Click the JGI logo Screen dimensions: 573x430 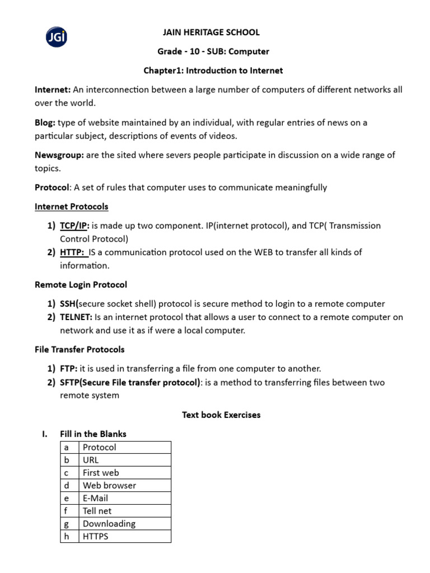click(56, 38)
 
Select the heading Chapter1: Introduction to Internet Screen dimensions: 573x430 click(213, 71)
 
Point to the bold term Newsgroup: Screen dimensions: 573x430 click(59, 154)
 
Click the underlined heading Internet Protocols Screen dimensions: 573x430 click(72, 206)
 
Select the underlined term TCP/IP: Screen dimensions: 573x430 click(74, 226)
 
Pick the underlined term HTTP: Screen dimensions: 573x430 click(73, 252)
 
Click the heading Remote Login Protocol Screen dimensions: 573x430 click(81, 284)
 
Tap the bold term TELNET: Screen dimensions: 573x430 click(77, 317)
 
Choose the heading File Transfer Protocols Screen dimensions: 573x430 click(80, 349)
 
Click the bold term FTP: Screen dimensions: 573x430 click(69, 368)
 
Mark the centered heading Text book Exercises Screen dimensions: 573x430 click(221, 415)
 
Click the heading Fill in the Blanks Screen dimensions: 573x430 click(93, 434)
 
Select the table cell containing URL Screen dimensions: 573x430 click(124, 460)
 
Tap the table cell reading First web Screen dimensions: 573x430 click(124, 473)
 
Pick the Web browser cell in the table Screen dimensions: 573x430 click(124, 485)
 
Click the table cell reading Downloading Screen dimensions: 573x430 click(124, 524)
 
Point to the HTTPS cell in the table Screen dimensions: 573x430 click(124, 536)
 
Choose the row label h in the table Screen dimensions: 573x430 click(67, 536)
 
